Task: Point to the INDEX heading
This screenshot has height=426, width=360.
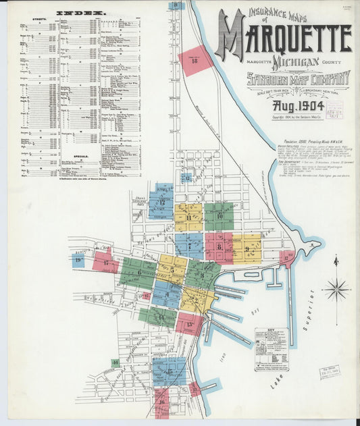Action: click(80, 13)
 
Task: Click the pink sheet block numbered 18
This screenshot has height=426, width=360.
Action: click(195, 61)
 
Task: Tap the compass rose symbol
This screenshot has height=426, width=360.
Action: click(336, 290)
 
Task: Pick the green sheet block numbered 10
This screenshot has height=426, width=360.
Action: click(220, 216)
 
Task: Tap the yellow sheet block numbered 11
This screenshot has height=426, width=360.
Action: click(188, 217)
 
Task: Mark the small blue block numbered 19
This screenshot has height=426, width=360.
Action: click(78, 261)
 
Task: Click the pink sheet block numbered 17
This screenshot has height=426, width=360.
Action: click(106, 262)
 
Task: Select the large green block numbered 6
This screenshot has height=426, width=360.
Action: click(138, 273)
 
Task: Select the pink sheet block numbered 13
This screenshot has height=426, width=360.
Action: click(190, 324)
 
